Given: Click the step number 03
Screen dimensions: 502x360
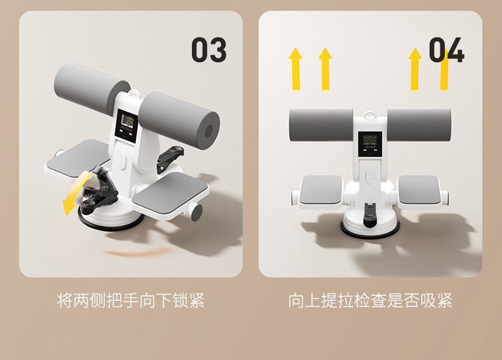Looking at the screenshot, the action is coord(208,50).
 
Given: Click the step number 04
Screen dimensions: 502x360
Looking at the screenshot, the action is coord(446,50).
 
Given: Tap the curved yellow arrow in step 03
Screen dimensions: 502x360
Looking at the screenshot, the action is coord(75,191).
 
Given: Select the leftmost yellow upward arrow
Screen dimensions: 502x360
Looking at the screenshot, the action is coord(295,69).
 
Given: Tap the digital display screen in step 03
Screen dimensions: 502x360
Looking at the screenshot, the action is coord(127,126).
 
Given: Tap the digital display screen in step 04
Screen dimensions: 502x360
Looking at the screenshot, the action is coord(370,144).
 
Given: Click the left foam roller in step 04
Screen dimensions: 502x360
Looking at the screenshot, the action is coord(321,124).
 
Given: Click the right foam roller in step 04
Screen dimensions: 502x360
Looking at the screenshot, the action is coord(419,124).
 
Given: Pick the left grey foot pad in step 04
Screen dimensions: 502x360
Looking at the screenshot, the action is coord(320,189).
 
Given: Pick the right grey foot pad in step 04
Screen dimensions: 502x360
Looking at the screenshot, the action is coord(419,189).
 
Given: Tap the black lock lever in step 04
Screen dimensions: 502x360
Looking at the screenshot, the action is coord(369,215).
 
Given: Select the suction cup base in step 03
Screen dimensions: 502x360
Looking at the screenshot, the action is coord(111,218).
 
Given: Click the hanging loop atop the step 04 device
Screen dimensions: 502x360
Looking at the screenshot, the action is coord(370,114).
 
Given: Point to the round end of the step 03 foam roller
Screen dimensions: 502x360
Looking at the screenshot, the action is coord(208,131).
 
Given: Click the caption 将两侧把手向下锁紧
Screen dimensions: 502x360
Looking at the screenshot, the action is coord(131,300).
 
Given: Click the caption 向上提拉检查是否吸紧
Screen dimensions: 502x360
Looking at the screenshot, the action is coord(370,300).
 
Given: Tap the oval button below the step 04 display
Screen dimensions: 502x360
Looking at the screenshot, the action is coord(370,176).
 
